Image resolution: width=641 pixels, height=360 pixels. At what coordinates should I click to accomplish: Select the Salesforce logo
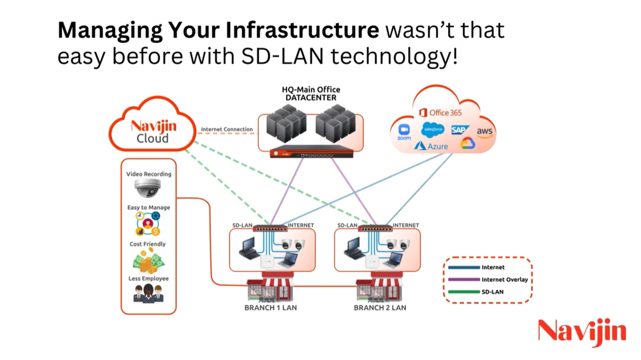(x=433, y=130)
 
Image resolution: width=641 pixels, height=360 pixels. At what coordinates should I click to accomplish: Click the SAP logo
(x=460, y=130)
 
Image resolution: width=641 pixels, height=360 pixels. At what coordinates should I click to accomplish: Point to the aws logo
(x=485, y=132)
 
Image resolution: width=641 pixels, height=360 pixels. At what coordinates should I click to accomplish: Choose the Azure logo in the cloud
(x=431, y=146)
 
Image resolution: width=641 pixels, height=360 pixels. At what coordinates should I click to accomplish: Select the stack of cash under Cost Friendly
(x=147, y=261)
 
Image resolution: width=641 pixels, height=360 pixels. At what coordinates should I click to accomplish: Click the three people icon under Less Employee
(x=148, y=293)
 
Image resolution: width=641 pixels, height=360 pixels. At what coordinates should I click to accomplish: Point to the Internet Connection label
(x=227, y=130)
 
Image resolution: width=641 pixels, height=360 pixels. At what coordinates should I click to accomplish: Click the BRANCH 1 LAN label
(x=271, y=308)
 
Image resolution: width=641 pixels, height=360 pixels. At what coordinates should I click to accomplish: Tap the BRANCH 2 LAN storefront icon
(x=380, y=290)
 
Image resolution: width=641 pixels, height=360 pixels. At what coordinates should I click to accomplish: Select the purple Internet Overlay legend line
(x=463, y=279)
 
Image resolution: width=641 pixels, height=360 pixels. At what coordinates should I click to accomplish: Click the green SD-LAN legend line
(x=463, y=292)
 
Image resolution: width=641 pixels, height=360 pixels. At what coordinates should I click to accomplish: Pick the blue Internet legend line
(x=463, y=267)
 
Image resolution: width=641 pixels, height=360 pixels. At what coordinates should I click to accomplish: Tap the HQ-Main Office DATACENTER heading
(x=311, y=93)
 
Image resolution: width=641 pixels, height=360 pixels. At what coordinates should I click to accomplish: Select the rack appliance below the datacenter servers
(x=304, y=154)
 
